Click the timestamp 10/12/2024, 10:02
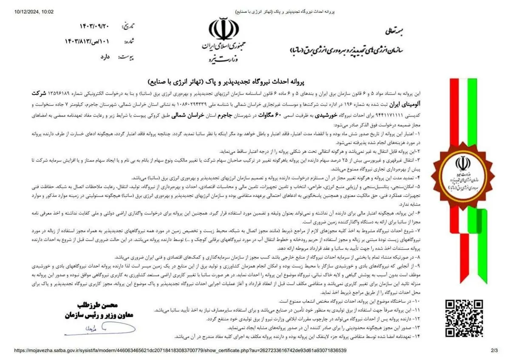tap(35, 11)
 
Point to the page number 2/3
tap(494, 350)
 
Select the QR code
tap(464, 318)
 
